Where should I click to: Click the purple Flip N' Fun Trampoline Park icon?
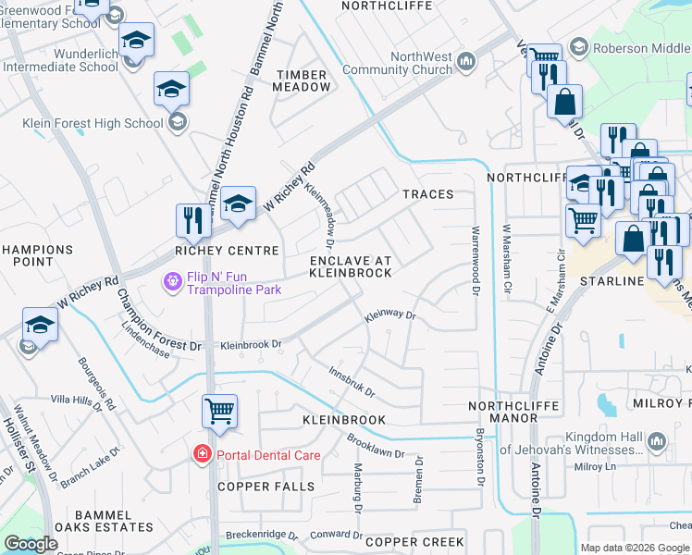(x=171, y=280)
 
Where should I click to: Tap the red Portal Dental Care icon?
(x=201, y=454)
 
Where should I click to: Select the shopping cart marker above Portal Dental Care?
(x=219, y=412)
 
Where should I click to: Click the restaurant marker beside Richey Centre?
(x=193, y=222)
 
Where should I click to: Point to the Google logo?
(x=31, y=544)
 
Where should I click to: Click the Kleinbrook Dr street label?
(x=250, y=345)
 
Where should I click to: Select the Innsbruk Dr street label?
(x=352, y=380)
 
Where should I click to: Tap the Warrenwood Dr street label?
(x=476, y=262)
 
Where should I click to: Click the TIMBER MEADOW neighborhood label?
(x=302, y=80)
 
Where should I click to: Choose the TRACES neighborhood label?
(x=427, y=194)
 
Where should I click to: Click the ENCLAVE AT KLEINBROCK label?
(x=350, y=266)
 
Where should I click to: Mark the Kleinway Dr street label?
(x=391, y=315)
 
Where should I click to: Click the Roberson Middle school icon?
(x=579, y=47)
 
